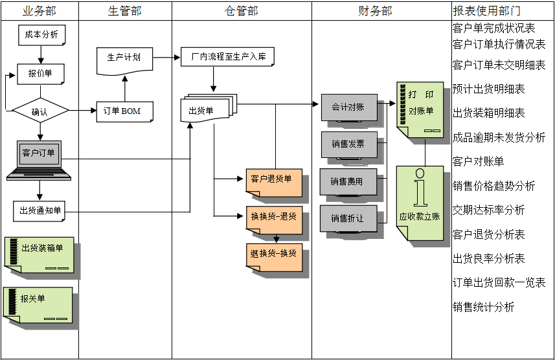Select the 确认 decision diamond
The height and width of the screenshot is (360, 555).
point(40,111)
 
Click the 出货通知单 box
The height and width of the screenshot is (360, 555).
point(40,210)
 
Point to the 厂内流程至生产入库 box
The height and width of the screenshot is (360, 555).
point(227,57)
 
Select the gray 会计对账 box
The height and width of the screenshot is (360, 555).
point(348,107)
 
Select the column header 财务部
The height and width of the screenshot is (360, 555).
point(375,11)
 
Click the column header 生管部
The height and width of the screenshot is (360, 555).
point(124,11)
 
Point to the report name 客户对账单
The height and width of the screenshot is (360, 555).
point(478,161)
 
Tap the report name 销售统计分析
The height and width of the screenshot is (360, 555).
point(483,307)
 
